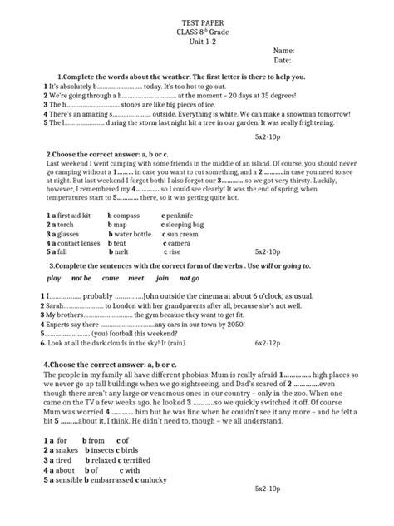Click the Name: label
pos(283,51)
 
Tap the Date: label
pos(282,61)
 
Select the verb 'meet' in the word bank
pos(135,278)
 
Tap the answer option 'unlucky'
pos(170,480)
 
